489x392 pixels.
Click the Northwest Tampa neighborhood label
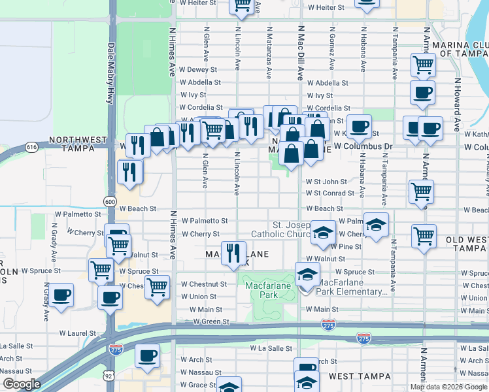[x=77, y=144]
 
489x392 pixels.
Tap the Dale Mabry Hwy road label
[x=110, y=73]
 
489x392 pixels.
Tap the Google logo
[x=22, y=384]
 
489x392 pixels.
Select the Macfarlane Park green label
[x=263, y=290]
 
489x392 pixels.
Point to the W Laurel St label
[x=77, y=333]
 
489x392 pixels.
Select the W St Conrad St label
[x=330, y=193]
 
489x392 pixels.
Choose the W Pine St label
[x=346, y=246]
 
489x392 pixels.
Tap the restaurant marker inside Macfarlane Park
[x=233, y=253]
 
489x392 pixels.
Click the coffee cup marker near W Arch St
[x=147, y=357]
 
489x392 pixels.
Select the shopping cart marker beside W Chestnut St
[x=158, y=286]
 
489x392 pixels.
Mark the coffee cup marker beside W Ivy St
[x=422, y=92]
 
